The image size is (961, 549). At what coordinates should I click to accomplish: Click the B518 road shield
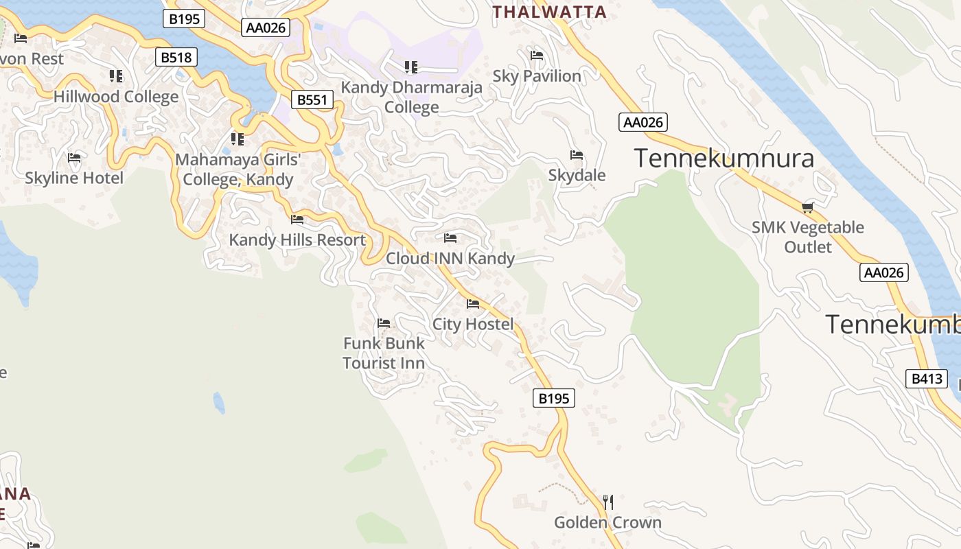(176, 57)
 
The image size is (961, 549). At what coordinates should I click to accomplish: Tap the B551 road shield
(312, 100)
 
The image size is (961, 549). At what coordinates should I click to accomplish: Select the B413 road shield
(926, 379)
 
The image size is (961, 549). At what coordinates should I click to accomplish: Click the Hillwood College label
(116, 97)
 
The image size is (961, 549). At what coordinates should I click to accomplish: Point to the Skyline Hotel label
(74, 178)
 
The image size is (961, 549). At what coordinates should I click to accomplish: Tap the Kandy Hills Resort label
(297, 240)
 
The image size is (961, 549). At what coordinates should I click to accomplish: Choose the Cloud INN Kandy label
(450, 259)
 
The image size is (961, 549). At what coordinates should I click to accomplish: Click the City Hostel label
(473, 324)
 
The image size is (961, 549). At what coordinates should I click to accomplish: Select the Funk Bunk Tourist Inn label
(384, 353)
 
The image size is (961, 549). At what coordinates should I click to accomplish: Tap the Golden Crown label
(607, 523)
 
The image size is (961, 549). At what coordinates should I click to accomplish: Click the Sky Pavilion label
(537, 76)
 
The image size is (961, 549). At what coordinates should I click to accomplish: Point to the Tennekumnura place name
(723, 159)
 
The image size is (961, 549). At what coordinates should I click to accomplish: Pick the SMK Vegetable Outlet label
(807, 237)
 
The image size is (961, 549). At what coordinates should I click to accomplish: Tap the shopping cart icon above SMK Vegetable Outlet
(807, 207)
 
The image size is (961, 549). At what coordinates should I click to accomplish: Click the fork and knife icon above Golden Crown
(607, 502)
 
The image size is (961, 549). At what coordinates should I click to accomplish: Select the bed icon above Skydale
(577, 155)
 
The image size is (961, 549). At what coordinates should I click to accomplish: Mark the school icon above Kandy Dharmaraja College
(411, 67)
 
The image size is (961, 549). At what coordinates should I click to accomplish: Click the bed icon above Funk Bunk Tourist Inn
(384, 323)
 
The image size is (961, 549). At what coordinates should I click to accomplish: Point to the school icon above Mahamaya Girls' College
(238, 139)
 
